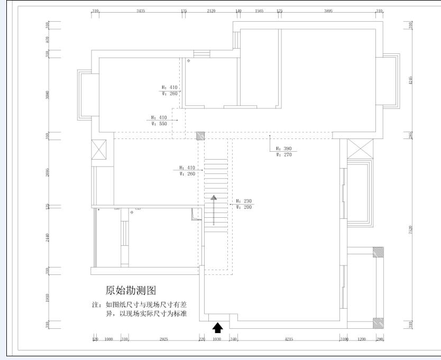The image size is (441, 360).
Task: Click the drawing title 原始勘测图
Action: click(x=131, y=290)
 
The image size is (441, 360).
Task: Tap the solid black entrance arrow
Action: click(x=217, y=328)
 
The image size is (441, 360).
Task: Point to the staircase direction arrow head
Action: click(x=214, y=198)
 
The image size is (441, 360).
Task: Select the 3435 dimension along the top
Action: click(x=141, y=11)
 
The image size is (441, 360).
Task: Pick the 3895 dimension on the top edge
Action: click(x=328, y=11)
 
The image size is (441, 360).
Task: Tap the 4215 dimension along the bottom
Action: click(x=288, y=339)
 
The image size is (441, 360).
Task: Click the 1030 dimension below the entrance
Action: click(x=217, y=339)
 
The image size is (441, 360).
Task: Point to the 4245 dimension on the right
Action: click(x=411, y=80)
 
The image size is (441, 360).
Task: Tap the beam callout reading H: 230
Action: click(x=244, y=201)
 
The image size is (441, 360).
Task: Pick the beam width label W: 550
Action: click(x=159, y=123)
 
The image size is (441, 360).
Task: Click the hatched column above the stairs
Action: click(x=200, y=135)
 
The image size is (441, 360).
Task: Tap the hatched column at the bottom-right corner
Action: click(x=378, y=322)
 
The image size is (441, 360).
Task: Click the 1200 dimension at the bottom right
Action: click(x=362, y=339)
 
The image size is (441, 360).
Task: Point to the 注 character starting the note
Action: click(x=95, y=305)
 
